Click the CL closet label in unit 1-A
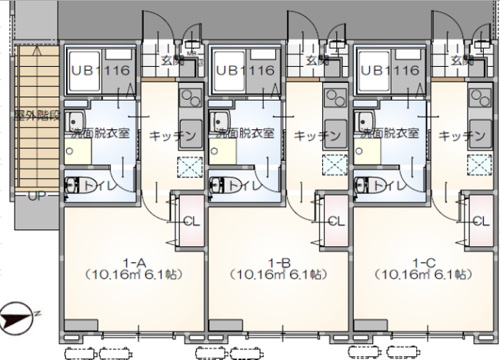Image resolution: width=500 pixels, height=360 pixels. tap(191, 222)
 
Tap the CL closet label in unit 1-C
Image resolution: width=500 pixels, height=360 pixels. tap(480, 222)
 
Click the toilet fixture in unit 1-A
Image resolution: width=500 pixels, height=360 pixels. tap(73, 185)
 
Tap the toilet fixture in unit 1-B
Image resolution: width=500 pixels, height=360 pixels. tap(218, 185)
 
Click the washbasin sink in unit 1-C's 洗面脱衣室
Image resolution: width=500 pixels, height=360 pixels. tap(362, 122)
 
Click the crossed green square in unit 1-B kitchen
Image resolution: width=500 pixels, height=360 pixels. tap(334, 165)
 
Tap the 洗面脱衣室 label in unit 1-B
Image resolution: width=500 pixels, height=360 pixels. tap(246, 132)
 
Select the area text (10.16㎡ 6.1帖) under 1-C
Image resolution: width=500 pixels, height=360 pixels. tap(422, 275)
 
